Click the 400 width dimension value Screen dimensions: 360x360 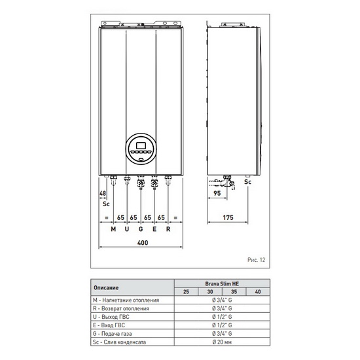[x=143, y=243]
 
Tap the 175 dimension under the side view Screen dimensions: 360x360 [x=228, y=217]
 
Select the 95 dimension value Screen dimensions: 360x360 [x=217, y=193]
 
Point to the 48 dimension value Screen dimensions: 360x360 [x=103, y=193]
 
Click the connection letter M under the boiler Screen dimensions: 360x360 [x=113, y=229]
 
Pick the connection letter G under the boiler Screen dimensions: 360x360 [x=141, y=229]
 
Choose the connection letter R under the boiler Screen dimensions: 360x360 [x=168, y=229]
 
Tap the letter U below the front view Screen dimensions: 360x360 [x=127, y=229]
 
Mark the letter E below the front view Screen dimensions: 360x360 [x=154, y=229]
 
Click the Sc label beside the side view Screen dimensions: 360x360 [x=247, y=182]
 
